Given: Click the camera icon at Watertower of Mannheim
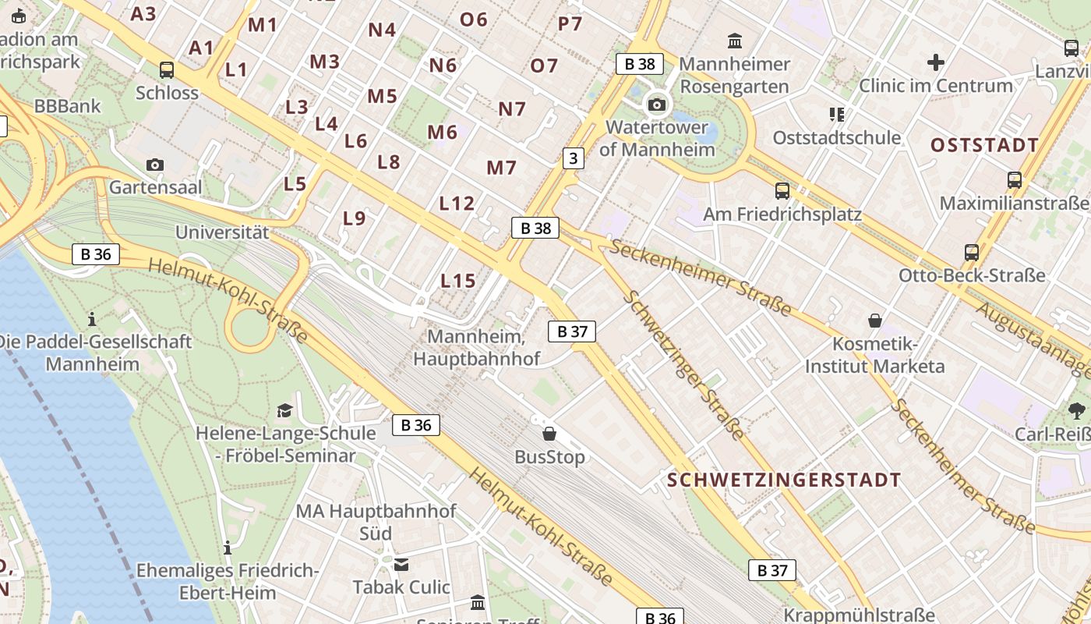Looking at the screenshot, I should point(657,105).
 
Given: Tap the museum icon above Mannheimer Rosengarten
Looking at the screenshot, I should point(734,41).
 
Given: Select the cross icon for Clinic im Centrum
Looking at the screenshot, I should point(935,62).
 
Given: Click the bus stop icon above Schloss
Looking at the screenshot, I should point(167,69).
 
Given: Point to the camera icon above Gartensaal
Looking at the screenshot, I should point(155,165).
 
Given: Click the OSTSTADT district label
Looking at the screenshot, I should point(984,145).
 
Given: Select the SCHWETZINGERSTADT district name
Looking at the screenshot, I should point(783,480).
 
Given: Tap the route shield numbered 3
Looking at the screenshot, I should point(574,158).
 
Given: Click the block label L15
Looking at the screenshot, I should point(457,281).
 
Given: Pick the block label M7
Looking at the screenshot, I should point(501,168).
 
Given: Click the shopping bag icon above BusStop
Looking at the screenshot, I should point(549,434).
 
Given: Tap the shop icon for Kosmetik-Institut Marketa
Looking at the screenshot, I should point(875,321).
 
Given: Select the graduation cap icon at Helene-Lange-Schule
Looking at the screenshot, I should point(284,410).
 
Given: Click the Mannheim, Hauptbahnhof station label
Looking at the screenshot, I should point(476,348).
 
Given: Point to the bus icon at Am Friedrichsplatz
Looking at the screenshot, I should point(782,190).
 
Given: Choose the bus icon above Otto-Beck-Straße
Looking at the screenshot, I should point(971,252).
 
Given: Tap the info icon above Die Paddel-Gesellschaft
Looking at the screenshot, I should point(92,319).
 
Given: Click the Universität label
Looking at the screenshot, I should point(221,232).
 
